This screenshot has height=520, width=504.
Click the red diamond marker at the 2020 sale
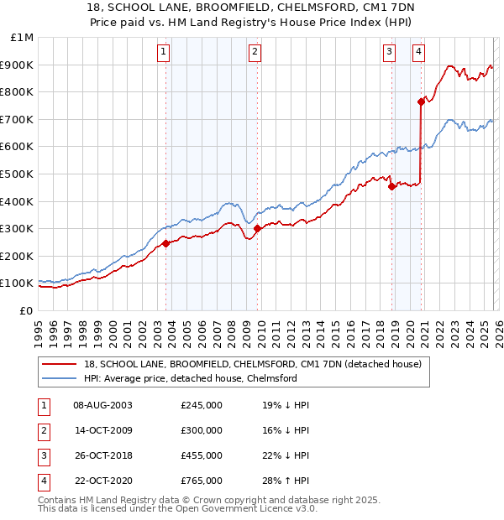tap(421, 101)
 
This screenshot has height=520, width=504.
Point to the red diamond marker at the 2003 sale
tap(166, 243)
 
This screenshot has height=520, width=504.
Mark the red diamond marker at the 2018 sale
tap(392, 186)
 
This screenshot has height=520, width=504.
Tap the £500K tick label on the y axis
tap(18, 174)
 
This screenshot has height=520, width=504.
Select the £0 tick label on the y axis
tap(26, 310)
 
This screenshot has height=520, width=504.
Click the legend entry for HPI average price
tap(191, 378)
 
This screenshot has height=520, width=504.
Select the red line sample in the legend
tap(60, 364)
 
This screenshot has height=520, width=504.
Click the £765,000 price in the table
tap(202, 481)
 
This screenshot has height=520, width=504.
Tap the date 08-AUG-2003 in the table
tap(103, 405)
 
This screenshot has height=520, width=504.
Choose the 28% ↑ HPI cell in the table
tap(286, 481)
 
